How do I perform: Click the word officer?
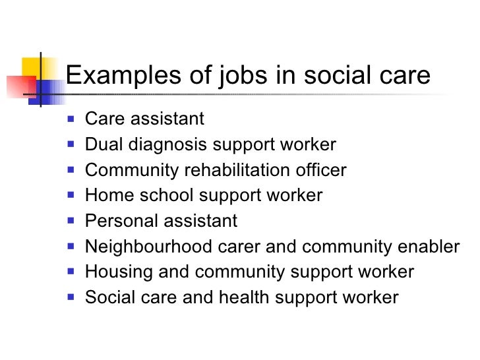tap(320, 171)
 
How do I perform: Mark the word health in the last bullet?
tap(238, 297)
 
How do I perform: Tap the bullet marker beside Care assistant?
tap(72, 120)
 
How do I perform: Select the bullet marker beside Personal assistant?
tap(72, 222)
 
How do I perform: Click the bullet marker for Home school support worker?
tap(72, 196)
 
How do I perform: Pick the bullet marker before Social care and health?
tap(72, 297)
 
